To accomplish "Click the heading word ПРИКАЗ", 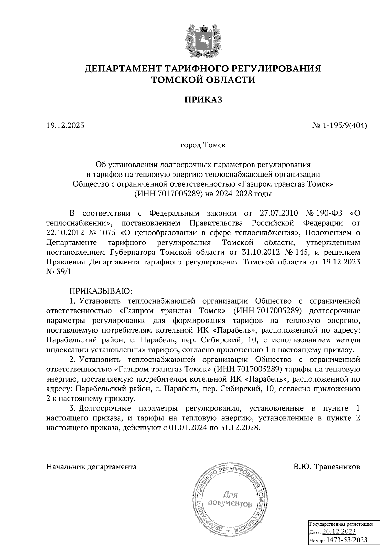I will point(203,100).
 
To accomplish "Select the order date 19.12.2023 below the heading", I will point(65,125).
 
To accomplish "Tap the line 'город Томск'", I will point(203,145).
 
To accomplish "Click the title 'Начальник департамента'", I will point(92,467).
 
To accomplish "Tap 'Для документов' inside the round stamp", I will point(230,499).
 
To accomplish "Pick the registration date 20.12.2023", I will point(339,532).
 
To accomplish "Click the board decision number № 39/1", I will point(58,272).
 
